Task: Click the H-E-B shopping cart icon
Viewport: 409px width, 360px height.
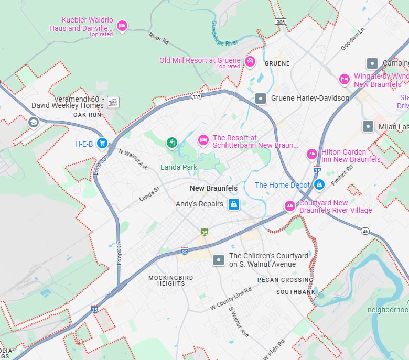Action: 102,143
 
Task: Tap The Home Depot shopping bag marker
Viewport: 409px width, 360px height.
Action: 319,185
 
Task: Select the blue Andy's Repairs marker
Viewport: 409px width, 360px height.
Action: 234,204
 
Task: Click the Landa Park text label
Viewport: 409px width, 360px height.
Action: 178,168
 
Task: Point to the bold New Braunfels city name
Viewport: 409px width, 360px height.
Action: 213,188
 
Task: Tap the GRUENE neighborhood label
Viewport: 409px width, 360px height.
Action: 277,63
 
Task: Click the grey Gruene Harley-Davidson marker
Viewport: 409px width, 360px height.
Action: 261,98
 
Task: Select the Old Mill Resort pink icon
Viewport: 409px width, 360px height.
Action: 250,61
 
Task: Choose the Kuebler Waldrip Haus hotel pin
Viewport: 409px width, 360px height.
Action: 122,26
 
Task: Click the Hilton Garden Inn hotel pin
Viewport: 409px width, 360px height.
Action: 312,154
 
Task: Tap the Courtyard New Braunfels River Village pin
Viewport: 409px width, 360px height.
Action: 289,206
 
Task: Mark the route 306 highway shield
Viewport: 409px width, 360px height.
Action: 281,21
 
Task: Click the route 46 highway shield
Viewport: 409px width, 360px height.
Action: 365,231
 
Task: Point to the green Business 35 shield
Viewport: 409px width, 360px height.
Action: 204,232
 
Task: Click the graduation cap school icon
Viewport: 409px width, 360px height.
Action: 34,123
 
